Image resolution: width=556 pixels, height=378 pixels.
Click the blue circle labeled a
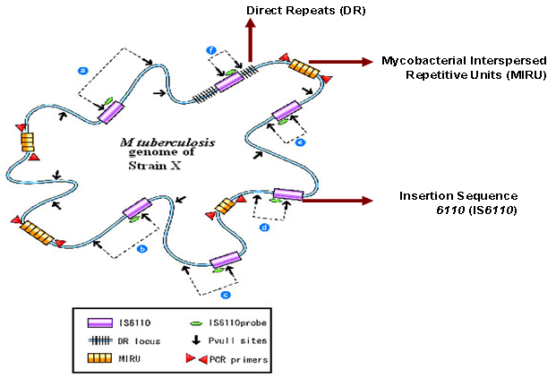click(82, 69)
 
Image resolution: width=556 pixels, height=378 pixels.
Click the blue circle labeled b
click(141, 250)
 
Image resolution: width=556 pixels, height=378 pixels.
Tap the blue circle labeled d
click(264, 228)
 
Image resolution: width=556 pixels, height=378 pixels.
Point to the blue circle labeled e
click(301, 142)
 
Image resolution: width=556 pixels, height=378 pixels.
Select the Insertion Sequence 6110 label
click(453, 202)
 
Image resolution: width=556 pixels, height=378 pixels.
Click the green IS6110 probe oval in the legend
click(196, 320)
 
